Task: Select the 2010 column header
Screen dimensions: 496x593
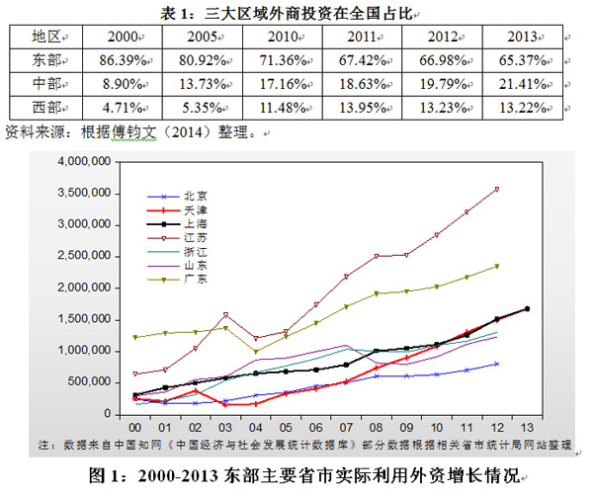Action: (284, 37)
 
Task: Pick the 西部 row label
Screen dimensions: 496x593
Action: (38, 108)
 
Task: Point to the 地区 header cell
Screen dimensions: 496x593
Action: (38, 37)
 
